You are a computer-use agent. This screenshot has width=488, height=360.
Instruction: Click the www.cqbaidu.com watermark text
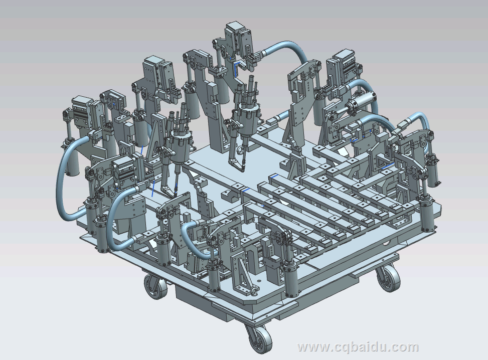point(358,347)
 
